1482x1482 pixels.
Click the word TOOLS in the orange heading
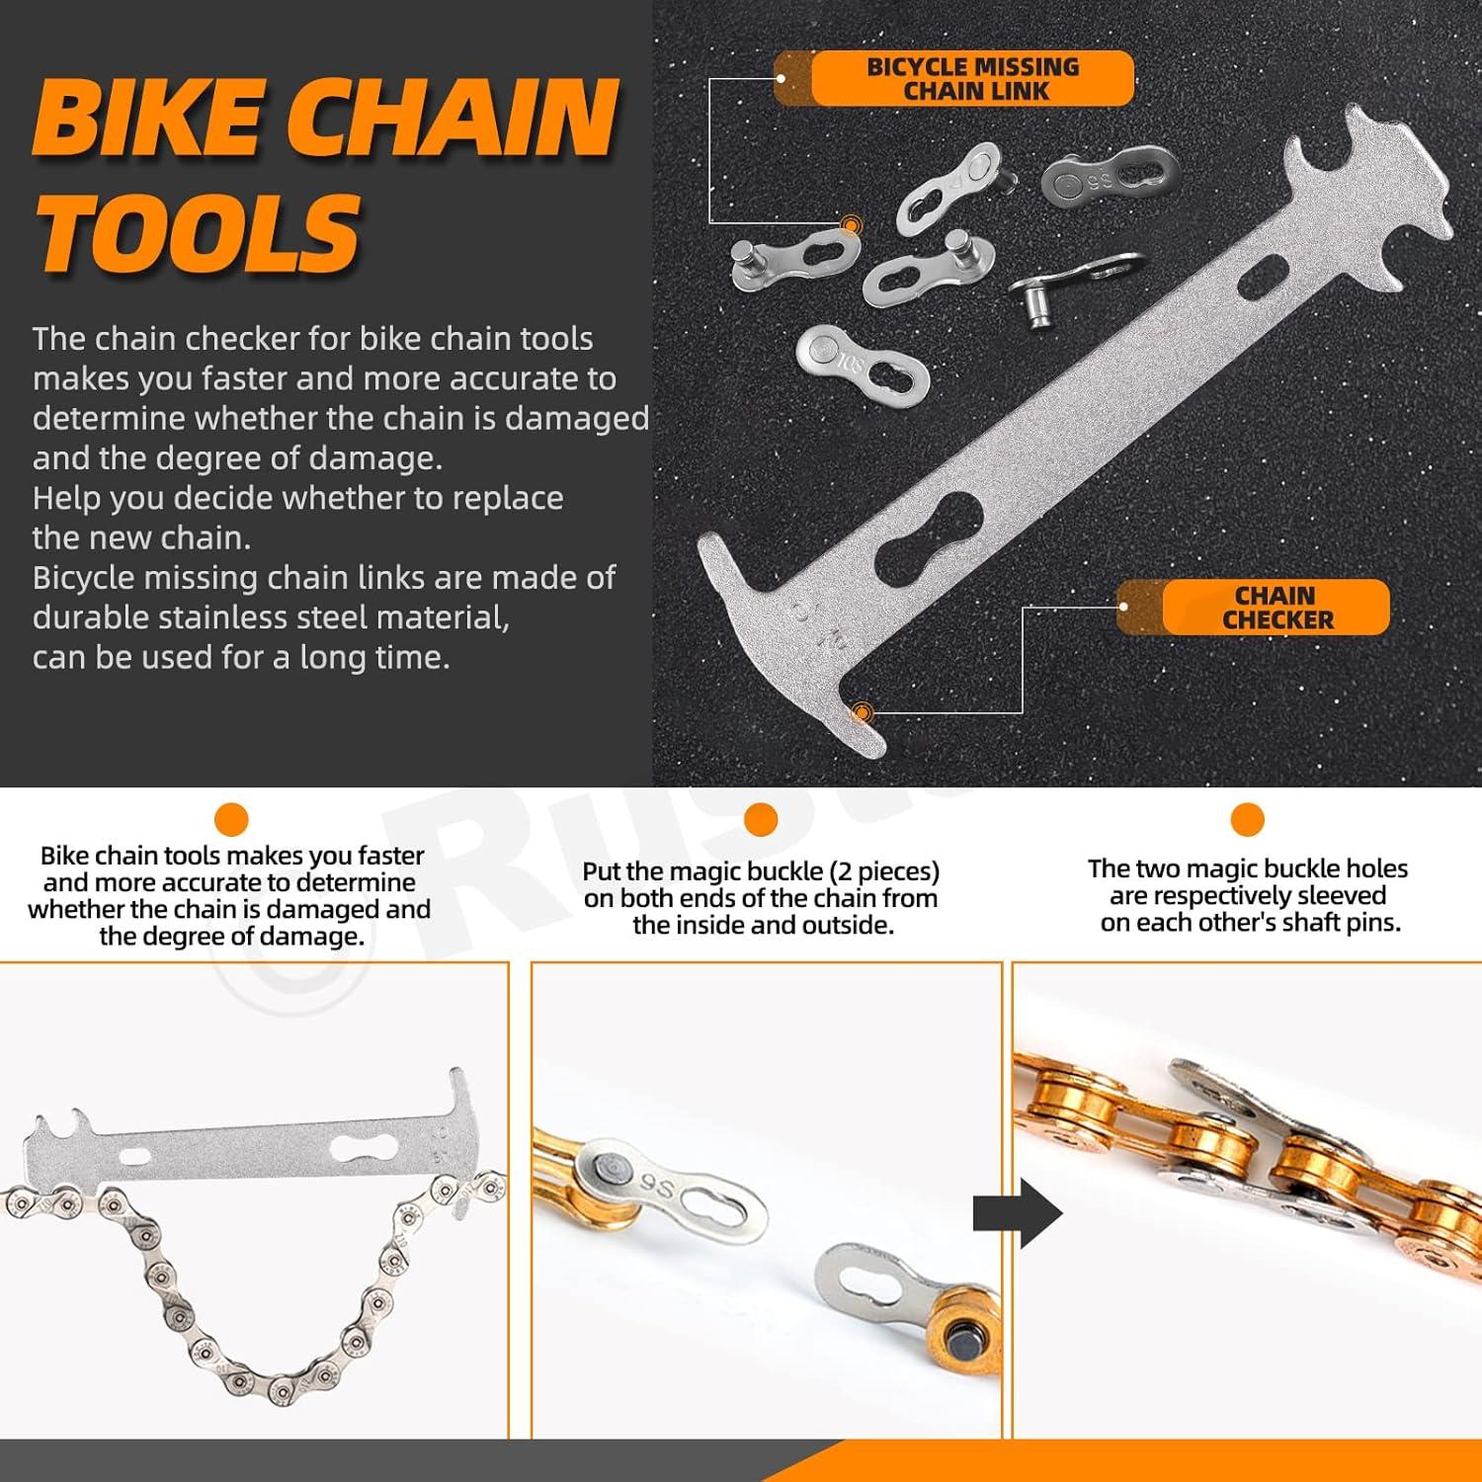[198, 233]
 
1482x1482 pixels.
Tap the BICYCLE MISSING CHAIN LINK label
[973, 79]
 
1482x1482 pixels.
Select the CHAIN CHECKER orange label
[1276, 608]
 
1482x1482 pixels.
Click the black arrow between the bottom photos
[1017, 1213]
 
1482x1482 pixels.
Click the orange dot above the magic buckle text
[760, 820]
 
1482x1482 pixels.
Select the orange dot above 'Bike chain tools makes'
[230, 820]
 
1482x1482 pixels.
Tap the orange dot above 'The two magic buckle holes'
[1247, 820]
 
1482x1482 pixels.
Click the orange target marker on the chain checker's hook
[863, 710]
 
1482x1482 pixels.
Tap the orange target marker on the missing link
[850, 226]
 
